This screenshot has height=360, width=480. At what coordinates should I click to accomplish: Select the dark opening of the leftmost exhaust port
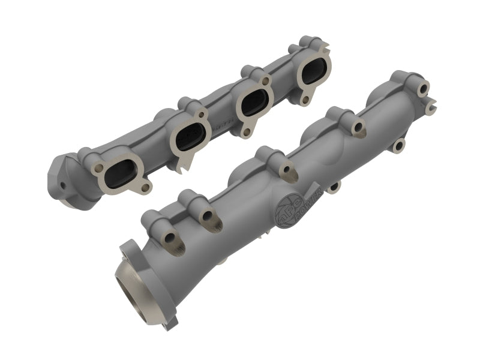click(119, 172)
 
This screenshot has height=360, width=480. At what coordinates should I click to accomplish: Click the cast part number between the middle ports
click(220, 125)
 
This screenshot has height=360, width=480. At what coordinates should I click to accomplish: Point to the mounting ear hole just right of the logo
click(334, 187)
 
